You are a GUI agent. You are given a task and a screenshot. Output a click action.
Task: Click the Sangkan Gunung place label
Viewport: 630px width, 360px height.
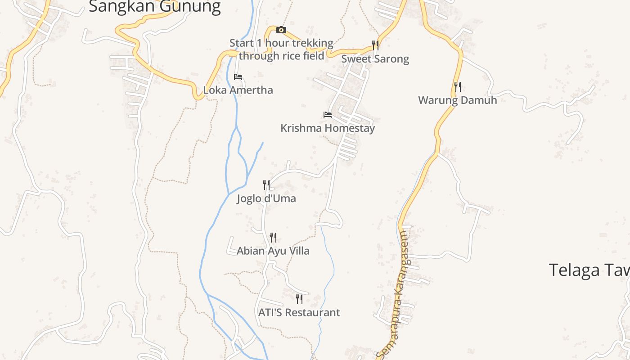(154, 6)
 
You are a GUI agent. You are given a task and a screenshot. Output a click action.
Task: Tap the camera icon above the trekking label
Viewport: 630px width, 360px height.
(281, 30)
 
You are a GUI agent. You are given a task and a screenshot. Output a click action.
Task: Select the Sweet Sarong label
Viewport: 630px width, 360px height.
(375, 59)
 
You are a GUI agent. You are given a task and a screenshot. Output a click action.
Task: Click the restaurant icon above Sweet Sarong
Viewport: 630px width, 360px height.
(375, 45)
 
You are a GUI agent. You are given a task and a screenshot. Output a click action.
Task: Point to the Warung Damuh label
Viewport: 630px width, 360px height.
(457, 100)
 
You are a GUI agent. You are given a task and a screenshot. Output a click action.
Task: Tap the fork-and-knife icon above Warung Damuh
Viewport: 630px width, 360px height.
(457, 86)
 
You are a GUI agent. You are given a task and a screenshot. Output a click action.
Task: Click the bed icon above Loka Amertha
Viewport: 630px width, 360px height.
(238, 77)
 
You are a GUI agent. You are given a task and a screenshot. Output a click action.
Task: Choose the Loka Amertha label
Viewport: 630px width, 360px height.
(238, 90)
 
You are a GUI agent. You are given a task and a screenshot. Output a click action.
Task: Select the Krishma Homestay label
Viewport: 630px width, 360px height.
(327, 128)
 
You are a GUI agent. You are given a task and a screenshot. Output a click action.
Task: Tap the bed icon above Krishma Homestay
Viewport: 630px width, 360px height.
(328, 115)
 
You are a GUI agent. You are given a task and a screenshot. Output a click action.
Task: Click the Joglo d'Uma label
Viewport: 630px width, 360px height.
(266, 198)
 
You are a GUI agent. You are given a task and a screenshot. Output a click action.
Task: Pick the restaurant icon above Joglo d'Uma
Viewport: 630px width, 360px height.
(266, 184)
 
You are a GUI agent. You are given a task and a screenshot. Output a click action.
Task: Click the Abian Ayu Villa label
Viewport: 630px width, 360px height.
(273, 251)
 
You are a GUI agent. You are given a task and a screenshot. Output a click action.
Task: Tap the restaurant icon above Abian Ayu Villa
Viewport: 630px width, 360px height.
(273, 237)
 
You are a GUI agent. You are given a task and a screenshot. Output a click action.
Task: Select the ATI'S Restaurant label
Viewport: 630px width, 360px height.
(299, 312)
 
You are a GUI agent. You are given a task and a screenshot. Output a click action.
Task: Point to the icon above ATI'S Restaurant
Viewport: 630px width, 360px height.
(299, 299)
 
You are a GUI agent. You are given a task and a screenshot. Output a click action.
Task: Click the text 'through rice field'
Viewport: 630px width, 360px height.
(281, 56)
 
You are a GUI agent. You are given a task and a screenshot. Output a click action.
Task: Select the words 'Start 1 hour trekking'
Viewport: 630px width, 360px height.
(281, 43)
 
